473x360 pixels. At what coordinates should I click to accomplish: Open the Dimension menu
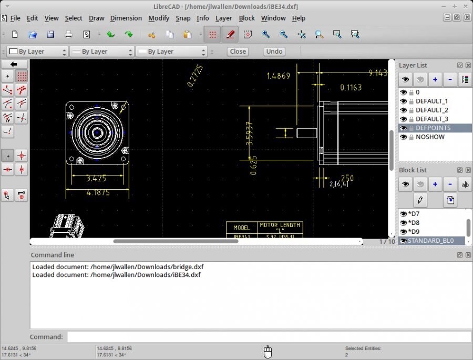(126, 18)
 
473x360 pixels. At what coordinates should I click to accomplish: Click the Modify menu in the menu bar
(159, 18)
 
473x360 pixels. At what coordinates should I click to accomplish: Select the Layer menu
(223, 18)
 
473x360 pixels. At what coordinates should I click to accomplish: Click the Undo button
(274, 52)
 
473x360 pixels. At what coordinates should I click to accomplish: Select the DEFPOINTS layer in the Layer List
(433, 128)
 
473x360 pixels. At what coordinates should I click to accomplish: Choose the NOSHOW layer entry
(430, 137)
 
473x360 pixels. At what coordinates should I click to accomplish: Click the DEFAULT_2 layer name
(431, 110)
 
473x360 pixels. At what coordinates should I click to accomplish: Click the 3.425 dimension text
(96, 179)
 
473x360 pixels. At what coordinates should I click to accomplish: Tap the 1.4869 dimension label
(278, 76)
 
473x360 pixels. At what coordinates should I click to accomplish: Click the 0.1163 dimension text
(351, 88)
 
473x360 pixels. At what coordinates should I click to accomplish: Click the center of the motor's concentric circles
(97, 133)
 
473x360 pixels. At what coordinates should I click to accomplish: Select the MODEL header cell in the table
(241, 228)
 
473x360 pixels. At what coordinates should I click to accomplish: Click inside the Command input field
(268, 337)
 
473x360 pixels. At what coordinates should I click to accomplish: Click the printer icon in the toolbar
(68, 35)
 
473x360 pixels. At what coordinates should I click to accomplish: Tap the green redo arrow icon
(128, 35)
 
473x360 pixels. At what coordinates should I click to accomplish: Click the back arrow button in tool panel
(14, 64)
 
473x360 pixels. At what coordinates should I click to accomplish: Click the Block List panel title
(413, 170)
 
